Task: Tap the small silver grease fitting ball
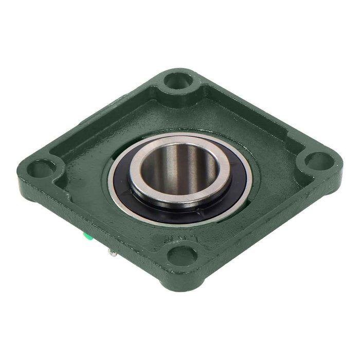tap(112, 253)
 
